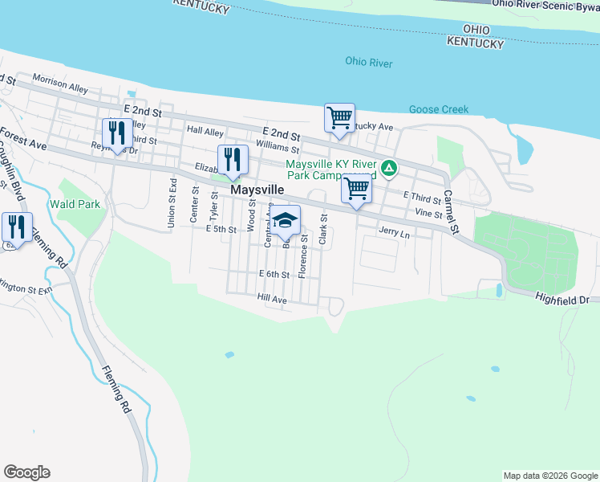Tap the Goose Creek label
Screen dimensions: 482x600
click(438, 109)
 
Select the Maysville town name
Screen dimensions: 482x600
click(257, 190)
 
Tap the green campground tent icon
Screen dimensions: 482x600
click(388, 168)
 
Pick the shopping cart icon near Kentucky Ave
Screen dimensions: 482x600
click(339, 118)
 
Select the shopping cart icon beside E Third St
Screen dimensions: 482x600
click(356, 190)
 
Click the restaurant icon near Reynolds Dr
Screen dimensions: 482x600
click(118, 133)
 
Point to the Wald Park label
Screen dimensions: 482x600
click(75, 204)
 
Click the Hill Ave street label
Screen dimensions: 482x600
click(272, 299)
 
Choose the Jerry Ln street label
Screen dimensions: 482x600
click(394, 234)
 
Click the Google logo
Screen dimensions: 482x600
click(26, 472)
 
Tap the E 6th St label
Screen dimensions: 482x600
click(274, 275)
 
